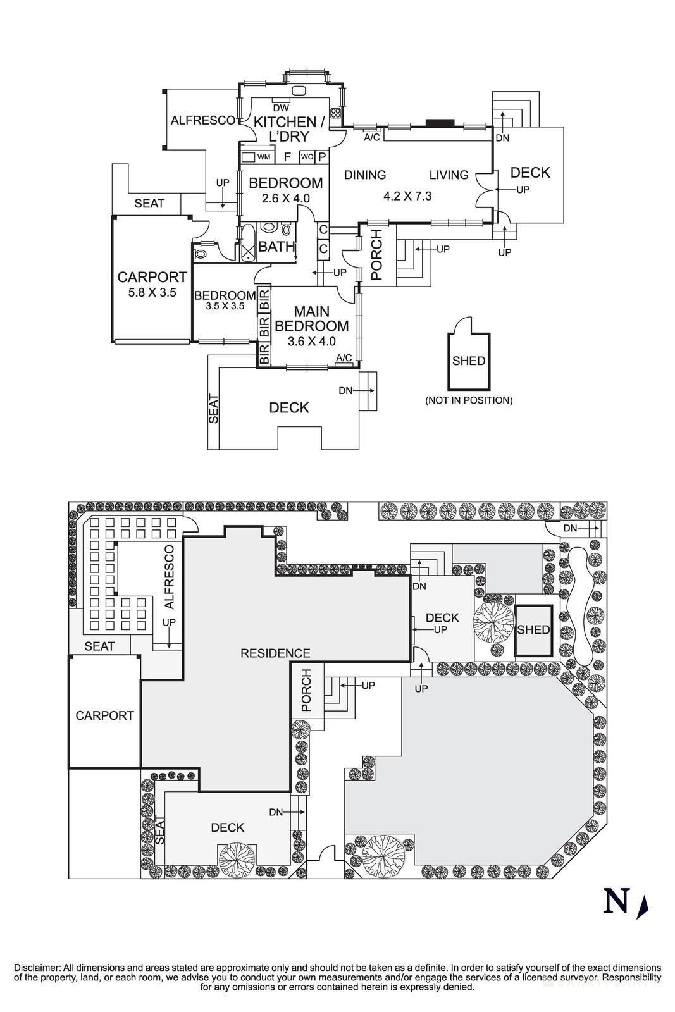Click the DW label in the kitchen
[x=282, y=108]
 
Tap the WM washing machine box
[x=264, y=156]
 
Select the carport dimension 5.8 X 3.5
[x=152, y=293]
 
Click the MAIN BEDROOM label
[x=312, y=319]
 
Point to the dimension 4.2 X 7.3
[x=407, y=196]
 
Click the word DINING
[x=365, y=175]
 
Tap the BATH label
[x=276, y=246]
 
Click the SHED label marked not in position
[x=469, y=361]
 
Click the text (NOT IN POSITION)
[x=469, y=400]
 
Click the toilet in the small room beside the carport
[x=201, y=254]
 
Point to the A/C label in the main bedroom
[x=344, y=358]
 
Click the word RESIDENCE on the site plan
[x=275, y=653]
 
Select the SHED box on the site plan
[x=533, y=630]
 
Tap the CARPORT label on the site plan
[x=104, y=715]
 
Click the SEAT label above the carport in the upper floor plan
[x=149, y=204]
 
